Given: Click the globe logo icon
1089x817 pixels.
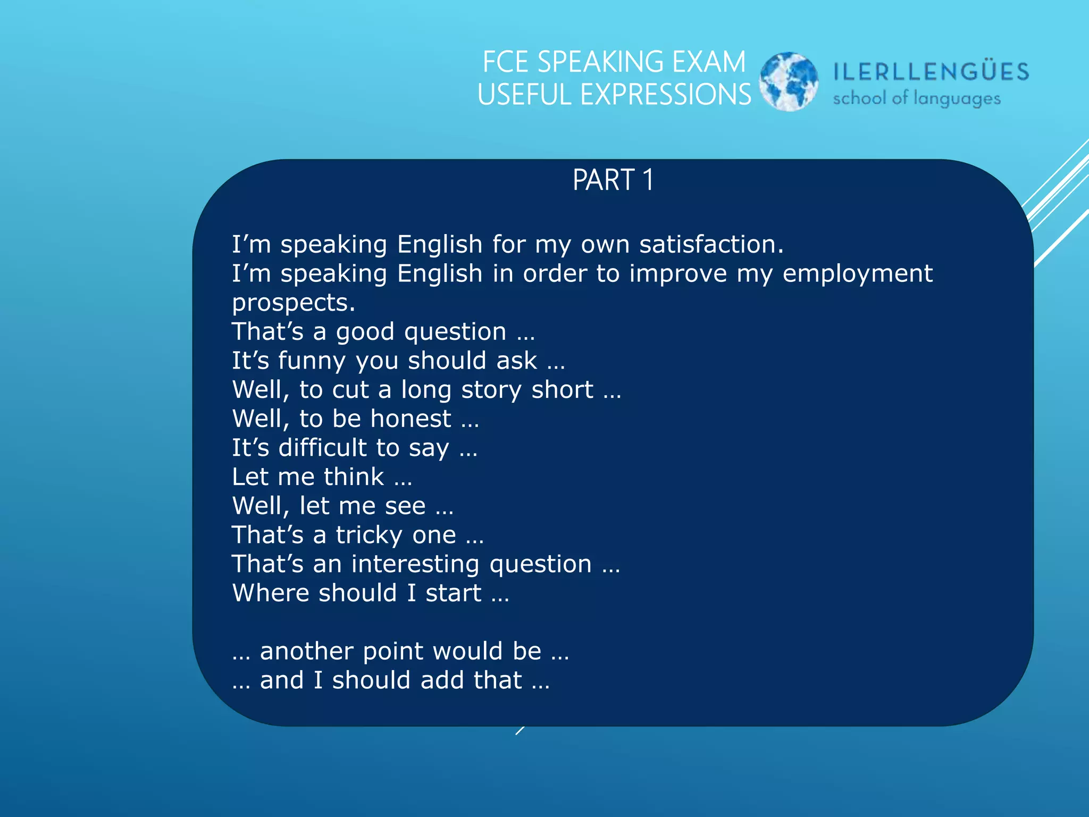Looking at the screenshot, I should tap(789, 81).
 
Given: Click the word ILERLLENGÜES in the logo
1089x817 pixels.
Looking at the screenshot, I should tap(931, 72).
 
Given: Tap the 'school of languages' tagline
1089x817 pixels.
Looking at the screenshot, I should tap(917, 98).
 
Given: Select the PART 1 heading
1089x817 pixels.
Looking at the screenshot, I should tap(613, 180).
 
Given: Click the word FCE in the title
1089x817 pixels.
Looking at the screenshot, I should tap(505, 62).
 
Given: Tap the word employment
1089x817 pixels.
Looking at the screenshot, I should tap(857, 273).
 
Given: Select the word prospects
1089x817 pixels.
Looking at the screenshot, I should tap(293, 303).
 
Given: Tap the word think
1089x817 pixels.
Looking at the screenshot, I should tap(354, 477).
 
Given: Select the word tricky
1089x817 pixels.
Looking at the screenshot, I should tap(369, 535).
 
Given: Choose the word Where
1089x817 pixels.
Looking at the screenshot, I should tap(270, 593).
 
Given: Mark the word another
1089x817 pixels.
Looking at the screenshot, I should tap(306, 652).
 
